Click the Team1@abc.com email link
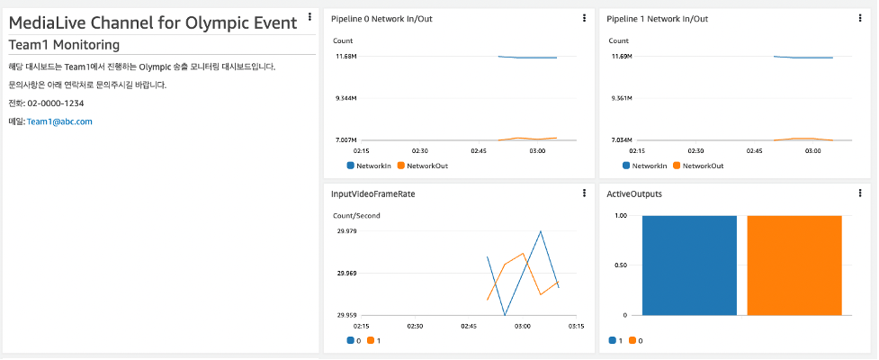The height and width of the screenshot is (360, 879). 59,121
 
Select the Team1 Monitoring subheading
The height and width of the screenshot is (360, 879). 64,45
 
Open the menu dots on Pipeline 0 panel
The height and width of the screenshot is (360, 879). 584,18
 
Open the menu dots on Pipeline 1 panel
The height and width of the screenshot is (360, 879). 860,18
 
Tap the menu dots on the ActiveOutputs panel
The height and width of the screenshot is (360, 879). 860,193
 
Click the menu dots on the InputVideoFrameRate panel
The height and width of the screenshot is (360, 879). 584,193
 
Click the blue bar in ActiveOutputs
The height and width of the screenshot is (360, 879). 689,265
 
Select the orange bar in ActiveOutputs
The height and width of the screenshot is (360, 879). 794,265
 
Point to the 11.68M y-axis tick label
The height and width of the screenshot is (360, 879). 345,57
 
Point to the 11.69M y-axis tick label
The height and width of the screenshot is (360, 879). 622,57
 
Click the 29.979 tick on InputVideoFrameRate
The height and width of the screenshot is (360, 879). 346,231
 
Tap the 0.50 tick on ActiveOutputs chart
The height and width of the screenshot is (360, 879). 620,265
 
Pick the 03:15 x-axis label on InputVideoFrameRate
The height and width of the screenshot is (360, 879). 576,326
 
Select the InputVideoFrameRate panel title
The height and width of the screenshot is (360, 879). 372,193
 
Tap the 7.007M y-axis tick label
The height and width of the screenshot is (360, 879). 345,140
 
